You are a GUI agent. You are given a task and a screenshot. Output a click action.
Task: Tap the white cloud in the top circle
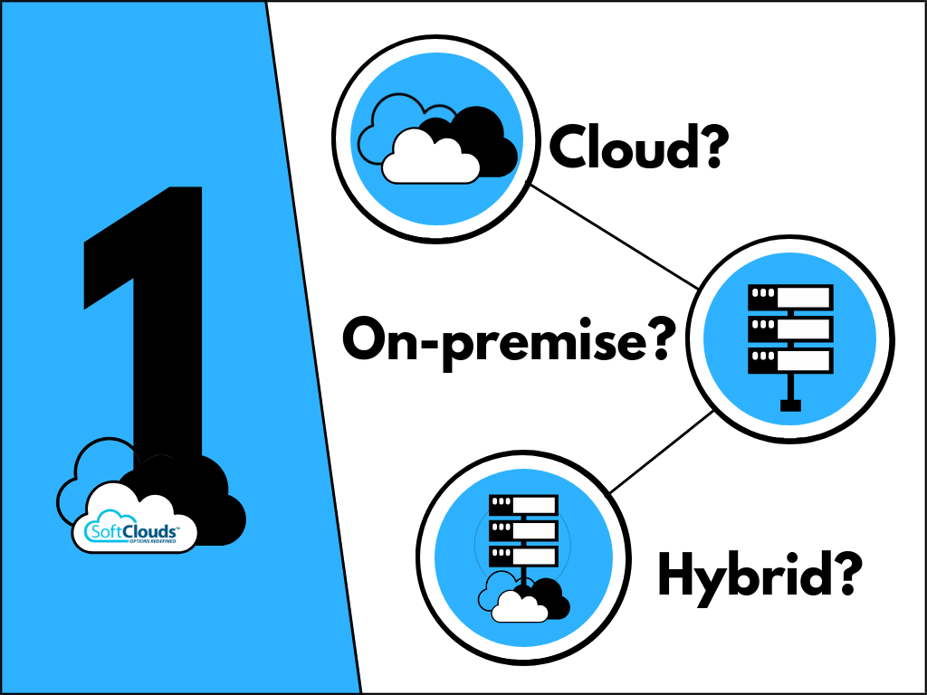(429, 157)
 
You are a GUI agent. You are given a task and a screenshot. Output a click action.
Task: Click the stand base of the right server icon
(790, 406)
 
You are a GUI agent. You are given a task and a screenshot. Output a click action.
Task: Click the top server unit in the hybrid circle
(523, 504)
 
